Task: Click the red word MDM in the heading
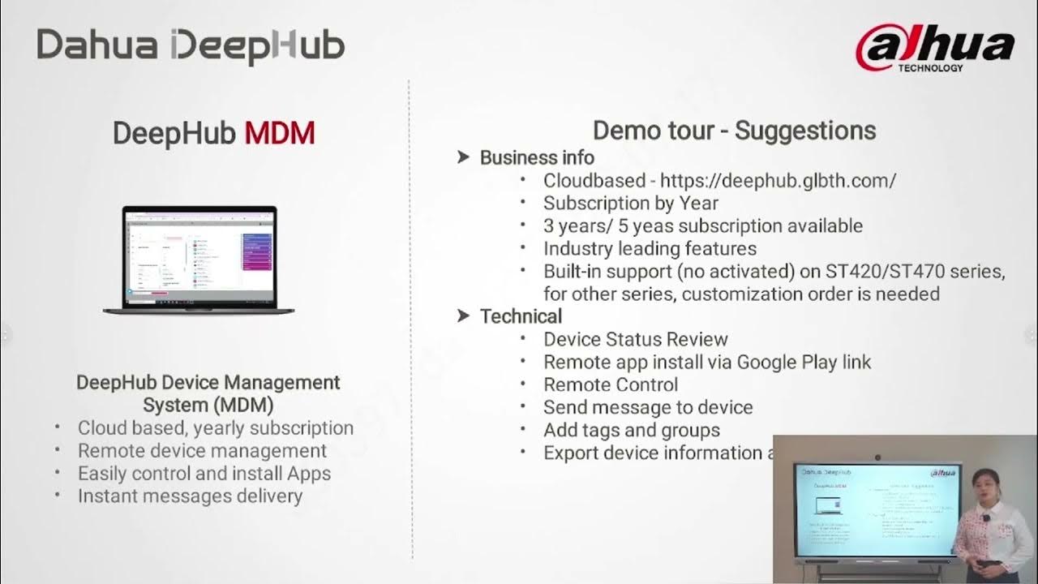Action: tap(280, 133)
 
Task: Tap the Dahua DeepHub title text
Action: tap(191, 45)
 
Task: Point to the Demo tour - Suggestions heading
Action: tap(734, 131)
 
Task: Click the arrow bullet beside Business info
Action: tap(464, 157)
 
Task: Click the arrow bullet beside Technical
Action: tap(464, 316)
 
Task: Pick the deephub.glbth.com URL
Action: tap(778, 180)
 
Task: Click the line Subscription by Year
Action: tap(630, 203)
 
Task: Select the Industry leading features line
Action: tap(650, 248)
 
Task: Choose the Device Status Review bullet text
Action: tap(636, 339)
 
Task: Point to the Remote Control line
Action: tap(611, 384)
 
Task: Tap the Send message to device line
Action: tap(648, 407)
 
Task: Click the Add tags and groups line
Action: tap(632, 430)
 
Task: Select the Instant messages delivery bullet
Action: tap(190, 496)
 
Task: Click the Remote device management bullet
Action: tap(202, 450)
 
